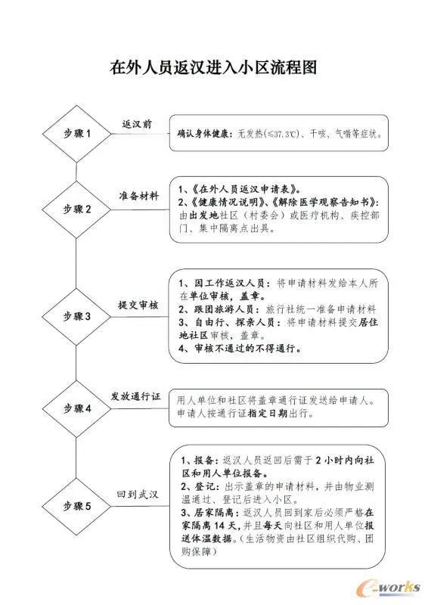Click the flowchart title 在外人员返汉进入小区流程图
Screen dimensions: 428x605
[x=213, y=67]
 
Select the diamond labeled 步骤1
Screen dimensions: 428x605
[x=77, y=134]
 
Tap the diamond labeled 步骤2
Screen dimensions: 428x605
[x=77, y=209]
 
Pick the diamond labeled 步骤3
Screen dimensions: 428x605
[x=77, y=317]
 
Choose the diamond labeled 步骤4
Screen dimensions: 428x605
[x=77, y=408]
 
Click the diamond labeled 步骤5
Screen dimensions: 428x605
[x=77, y=506]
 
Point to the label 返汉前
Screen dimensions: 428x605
[x=137, y=124]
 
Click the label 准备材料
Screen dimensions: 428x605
[x=139, y=196]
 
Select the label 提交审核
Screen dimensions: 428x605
[x=138, y=306]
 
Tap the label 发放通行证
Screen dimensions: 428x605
[x=136, y=396]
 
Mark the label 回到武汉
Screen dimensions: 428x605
[x=138, y=495]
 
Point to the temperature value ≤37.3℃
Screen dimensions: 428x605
[x=284, y=135]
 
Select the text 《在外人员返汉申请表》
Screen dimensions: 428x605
[x=245, y=189]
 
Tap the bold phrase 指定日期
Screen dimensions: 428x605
[x=268, y=413]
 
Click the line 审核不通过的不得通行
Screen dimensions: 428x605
[x=248, y=349]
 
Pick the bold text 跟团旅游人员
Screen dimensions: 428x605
[x=225, y=309]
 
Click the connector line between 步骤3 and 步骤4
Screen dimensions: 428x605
[x=76, y=363]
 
